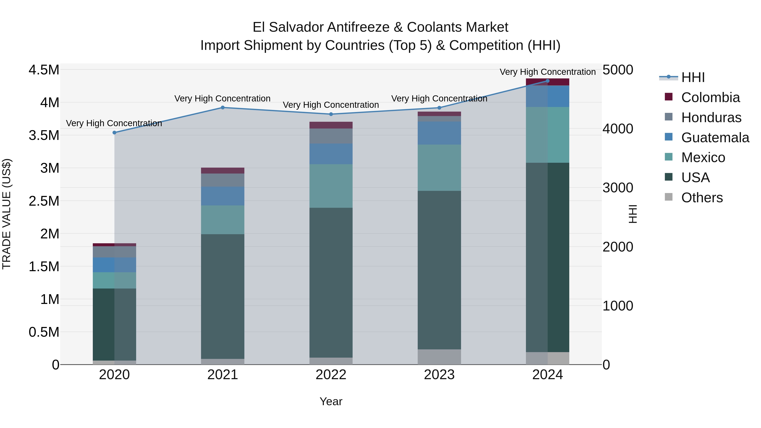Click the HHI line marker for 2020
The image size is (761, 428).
coord(114,133)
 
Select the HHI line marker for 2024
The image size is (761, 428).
coord(547,81)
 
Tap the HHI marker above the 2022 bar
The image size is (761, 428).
coord(331,114)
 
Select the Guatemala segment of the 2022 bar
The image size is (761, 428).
coord(331,154)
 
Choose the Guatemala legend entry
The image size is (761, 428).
coord(715,138)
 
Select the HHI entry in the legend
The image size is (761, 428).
coord(693,77)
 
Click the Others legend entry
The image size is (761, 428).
coord(702,198)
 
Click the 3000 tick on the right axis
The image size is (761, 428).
coord(618,188)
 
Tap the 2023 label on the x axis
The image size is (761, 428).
coord(439,375)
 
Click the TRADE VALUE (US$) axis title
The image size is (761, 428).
coord(7,214)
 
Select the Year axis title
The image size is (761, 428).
coord(331,401)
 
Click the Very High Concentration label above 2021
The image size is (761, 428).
coord(222,98)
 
